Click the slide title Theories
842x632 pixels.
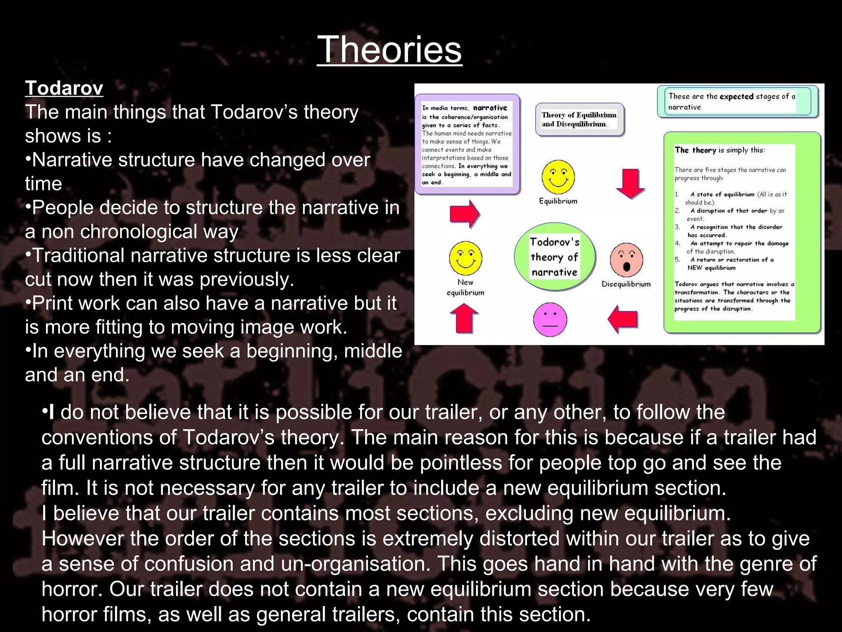pos(389,49)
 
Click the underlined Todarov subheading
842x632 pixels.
pos(64,88)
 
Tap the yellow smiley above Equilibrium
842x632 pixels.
pos(558,177)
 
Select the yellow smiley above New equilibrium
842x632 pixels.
pos(465,258)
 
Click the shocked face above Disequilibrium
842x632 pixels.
pos(626,260)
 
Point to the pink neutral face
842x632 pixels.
pos(550,319)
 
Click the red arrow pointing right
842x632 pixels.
pos(465,214)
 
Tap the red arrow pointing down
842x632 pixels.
pos(630,184)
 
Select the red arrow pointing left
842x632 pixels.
pos(622,319)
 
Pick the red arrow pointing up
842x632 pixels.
pos(464,318)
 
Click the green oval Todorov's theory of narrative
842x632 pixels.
pos(555,257)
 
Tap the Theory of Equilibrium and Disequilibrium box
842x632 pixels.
pos(579,119)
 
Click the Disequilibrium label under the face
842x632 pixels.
pos(626,284)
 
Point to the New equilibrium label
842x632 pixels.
pos(465,287)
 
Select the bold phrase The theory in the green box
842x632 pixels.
pos(695,150)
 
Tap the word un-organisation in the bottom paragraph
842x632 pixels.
pos(356,564)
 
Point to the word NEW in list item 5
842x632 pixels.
pos(695,268)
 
